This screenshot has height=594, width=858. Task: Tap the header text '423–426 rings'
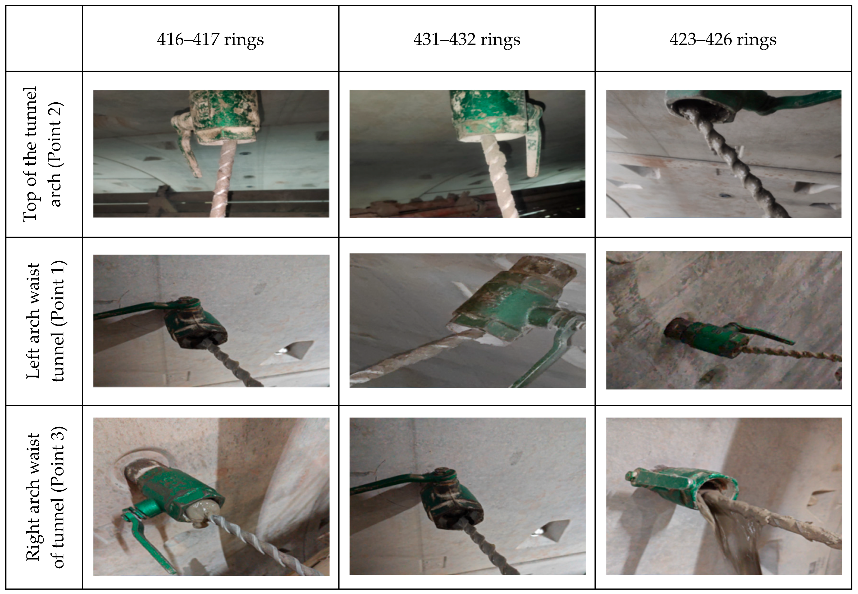(723, 39)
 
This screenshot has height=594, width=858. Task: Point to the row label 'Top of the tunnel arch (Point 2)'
(43, 154)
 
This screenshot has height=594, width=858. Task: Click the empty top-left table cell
(44, 38)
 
